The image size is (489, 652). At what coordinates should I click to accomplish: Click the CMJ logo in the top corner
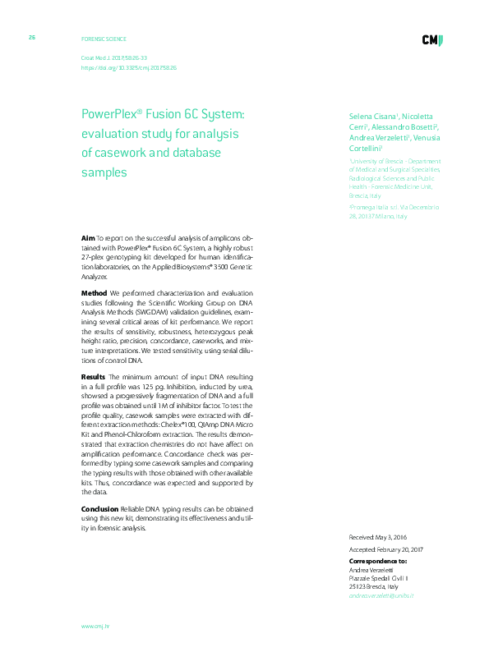(432, 40)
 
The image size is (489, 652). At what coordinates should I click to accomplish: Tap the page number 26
(31, 38)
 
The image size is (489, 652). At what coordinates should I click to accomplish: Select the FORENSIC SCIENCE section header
(104, 39)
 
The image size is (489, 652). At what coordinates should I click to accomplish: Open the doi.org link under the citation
(128, 68)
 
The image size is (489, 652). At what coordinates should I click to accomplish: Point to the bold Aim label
(88, 236)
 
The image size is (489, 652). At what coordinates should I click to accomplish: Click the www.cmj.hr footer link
(95, 626)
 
